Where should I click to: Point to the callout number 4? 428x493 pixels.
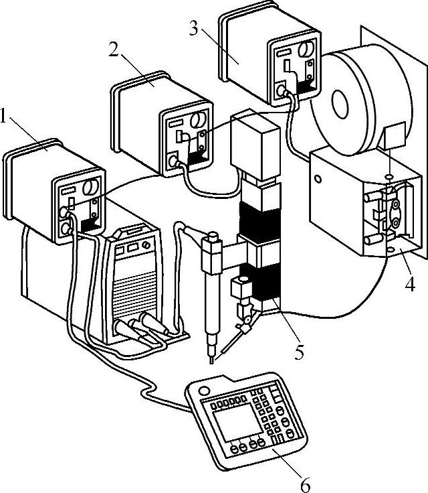pos(409,285)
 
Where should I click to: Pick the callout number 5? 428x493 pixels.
pos(300,349)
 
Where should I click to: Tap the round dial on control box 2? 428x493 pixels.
pos(198,121)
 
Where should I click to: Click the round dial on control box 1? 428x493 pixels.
pos(92,186)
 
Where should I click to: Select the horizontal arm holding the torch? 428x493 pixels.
pos(231,255)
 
